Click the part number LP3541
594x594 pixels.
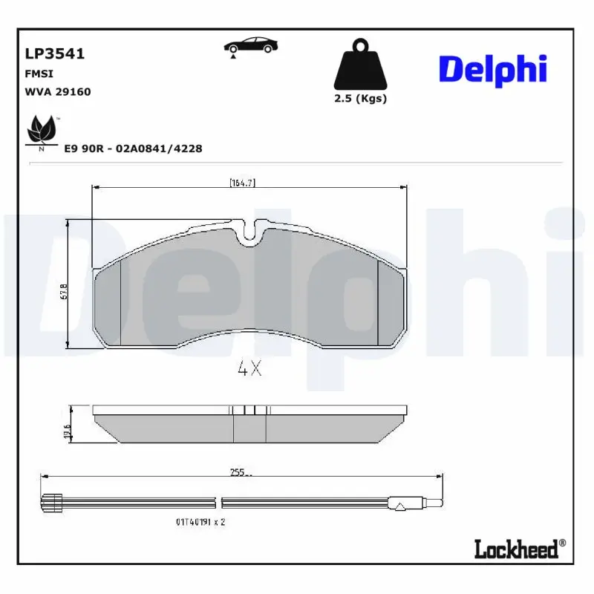[x=55, y=54]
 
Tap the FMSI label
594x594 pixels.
[x=39, y=74]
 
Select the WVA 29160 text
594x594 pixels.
[x=58, y=92]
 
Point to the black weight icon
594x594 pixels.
[x=359, y=64]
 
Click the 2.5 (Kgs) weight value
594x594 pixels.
[x=360, y=99]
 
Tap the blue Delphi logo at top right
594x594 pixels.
[x=493, y=69]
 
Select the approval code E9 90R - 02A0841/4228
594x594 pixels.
[x=133, y=148]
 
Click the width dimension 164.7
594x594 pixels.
[x=243, y=183]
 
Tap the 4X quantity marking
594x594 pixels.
[x=249, y=369]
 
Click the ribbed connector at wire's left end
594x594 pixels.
[x=51, y=503]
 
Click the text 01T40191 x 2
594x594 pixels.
[x=200, y=522]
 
